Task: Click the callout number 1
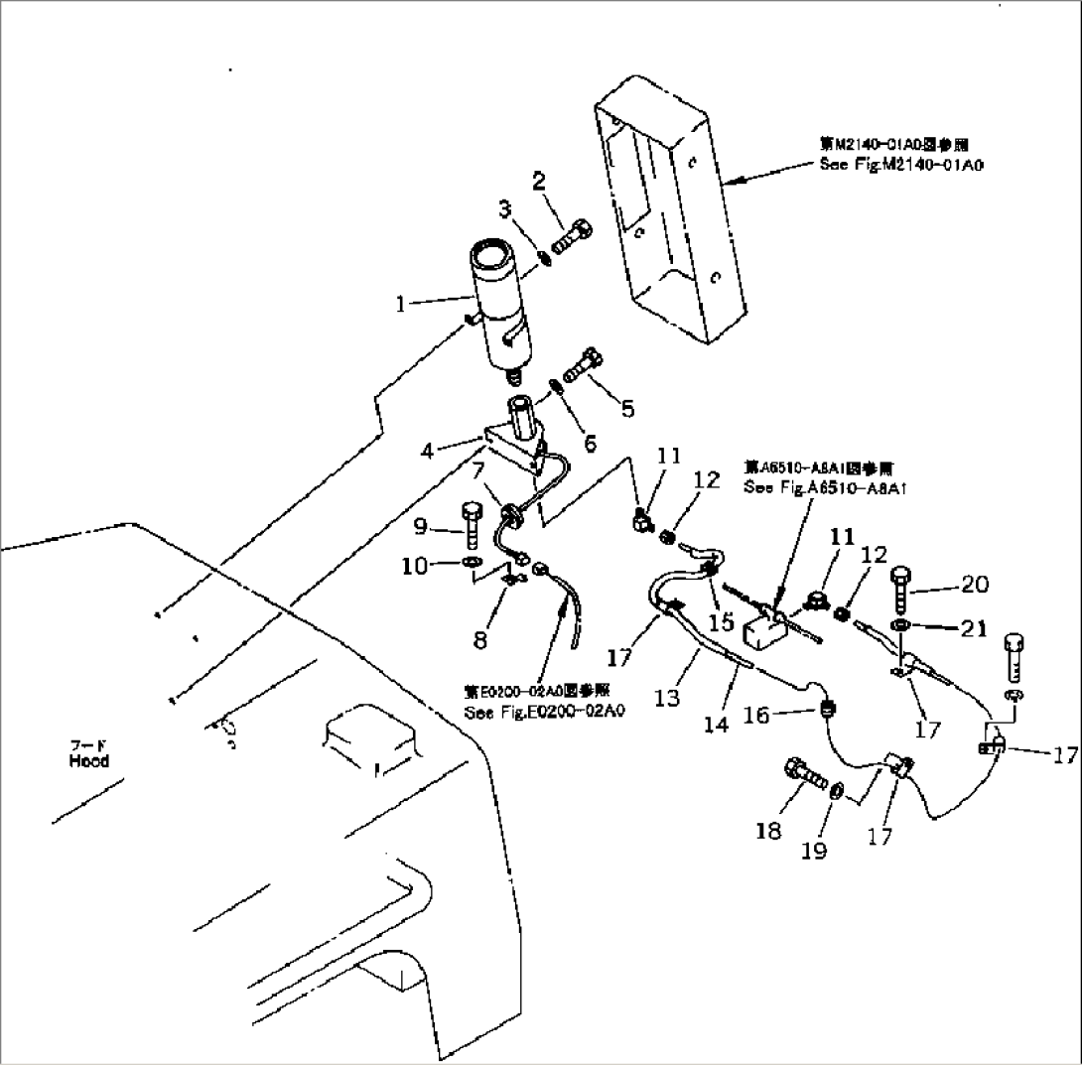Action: pos(401,305)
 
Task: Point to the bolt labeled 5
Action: pos(582,367)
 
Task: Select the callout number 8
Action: pos(480,640)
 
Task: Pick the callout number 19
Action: pos(814,851)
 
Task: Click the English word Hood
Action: pos(88,762)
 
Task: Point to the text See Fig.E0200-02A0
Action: pos(544,712)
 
